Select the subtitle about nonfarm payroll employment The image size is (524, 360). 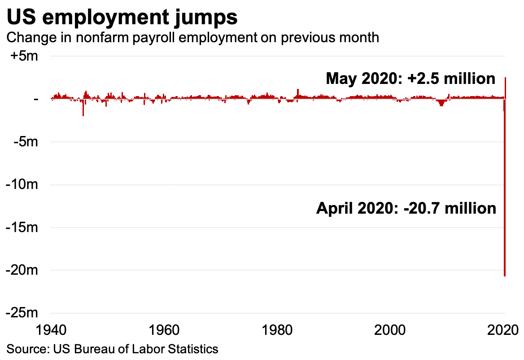[192, 37]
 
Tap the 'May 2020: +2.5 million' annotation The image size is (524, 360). [410, 79]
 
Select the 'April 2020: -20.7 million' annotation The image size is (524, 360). [406, 208]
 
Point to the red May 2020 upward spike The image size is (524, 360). [506, 88]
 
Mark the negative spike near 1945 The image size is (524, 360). [83, 109]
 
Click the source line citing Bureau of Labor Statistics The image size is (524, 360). [112, 349]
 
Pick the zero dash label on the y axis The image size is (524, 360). [36, 99]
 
